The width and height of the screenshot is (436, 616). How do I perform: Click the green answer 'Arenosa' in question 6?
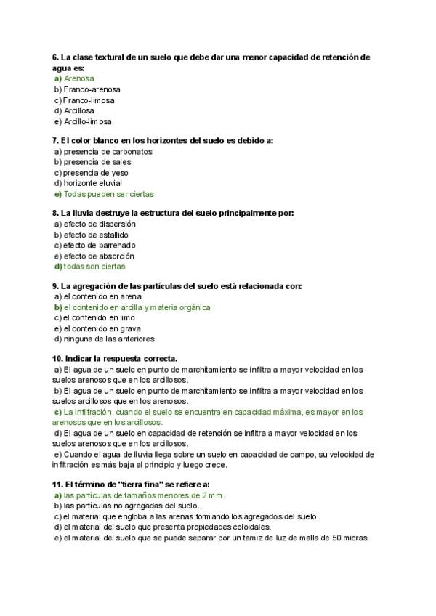(x=78, y=78)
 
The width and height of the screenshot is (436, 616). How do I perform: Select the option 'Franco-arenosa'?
(x=92, y=89)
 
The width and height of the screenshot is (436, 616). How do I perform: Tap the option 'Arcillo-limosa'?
(x=87, y=122)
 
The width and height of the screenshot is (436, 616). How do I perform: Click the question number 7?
(x=55, y=140)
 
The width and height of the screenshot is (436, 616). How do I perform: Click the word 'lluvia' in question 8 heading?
(x=86, y=213)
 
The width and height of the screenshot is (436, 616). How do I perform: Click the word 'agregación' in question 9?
(x=99, y=286)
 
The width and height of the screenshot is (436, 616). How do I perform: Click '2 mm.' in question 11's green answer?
(x=214, y=495)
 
